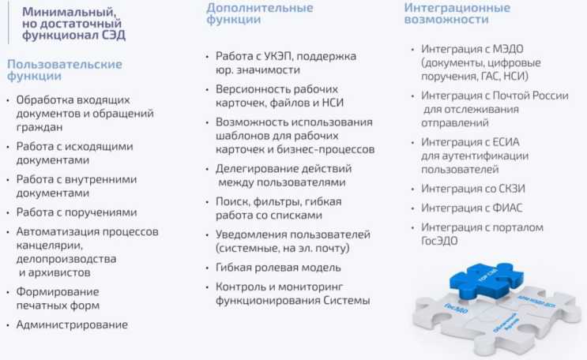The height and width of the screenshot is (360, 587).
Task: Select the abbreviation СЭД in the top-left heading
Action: (113, 36)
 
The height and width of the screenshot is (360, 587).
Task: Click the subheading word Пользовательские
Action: (65, 64)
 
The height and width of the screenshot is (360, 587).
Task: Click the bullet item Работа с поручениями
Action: (77, 212)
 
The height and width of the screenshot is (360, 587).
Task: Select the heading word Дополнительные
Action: (259, 7)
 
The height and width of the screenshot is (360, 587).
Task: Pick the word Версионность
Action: (253, 89)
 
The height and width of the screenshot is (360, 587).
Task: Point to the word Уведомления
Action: (252, 234)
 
